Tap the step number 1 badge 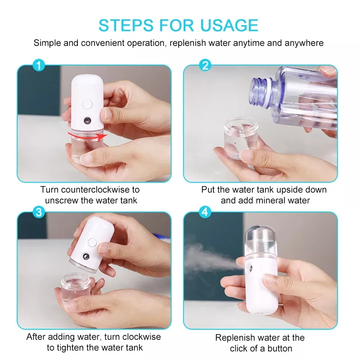pos(39,66)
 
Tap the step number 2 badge pos(205,66)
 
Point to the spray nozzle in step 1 pos(87,121)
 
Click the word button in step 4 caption pos(279,348)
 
